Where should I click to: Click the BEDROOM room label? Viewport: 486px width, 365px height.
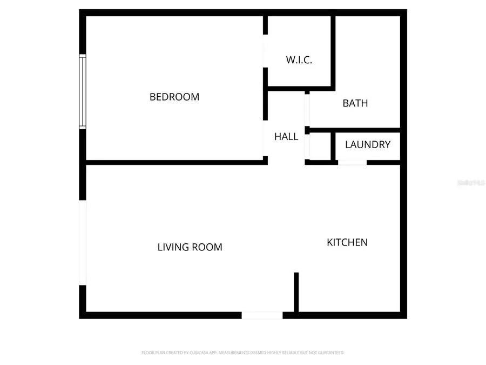[x=174, y=97]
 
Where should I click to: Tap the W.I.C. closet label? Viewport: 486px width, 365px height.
[x=299, y=60]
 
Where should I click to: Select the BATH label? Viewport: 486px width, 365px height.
[x=355, y=103]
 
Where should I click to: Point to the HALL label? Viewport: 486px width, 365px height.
[x=286, y=137]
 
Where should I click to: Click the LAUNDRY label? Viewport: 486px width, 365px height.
[x=368, y=145]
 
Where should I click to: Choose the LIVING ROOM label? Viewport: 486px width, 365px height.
[x=190, y=247]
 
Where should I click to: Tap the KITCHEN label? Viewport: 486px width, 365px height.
[x=347, y=242]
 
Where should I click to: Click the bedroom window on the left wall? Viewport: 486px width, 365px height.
[x=83, y=91]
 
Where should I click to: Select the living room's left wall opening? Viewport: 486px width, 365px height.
[x=83, y=242]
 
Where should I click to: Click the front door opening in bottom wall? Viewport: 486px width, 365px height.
[x=262, y=315]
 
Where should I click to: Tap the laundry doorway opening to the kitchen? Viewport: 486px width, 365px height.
[x=352, y=162]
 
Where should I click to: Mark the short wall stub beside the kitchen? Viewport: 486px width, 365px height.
[x=296, y=292]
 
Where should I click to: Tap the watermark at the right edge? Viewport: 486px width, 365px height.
[x=471, y=183]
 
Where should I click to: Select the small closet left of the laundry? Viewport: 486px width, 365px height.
[x=321, y=147]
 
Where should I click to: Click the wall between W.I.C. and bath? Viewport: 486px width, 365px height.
[x=333, y=51]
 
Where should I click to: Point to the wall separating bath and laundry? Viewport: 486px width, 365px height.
[x=354, y=130]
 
